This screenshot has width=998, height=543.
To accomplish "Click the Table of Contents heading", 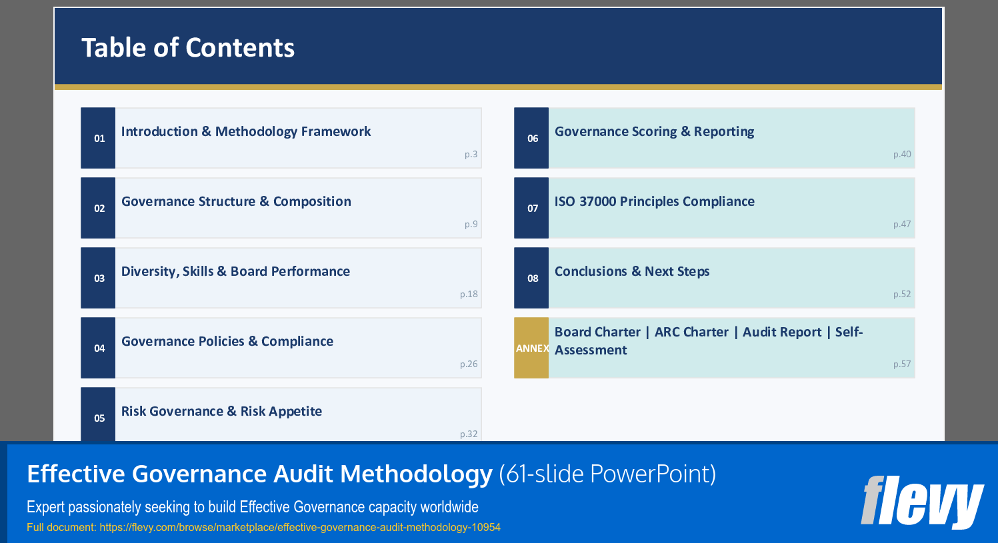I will tap(188, 48).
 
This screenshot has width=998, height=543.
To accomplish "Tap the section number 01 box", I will tap(99, 138).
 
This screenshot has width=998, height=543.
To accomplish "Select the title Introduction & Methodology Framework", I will tap(245, 131).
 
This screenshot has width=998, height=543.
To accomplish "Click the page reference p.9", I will tap(471, 224).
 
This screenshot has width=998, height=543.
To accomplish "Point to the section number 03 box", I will tap(99, 278).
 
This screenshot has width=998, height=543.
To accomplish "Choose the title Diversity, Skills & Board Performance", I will tap(235, 271).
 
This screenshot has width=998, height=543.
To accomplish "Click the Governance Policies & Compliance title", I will tap(227, 341).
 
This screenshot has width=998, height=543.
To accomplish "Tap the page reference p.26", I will tap(469, 364).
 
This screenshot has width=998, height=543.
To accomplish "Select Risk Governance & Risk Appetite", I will tap(221, 411).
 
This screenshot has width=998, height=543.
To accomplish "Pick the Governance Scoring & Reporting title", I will tap(654, 131).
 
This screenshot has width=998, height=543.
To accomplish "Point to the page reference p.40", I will tap(902, 154).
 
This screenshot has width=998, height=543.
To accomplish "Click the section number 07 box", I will tap(532, 208).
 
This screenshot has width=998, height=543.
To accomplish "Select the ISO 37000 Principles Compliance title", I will tap(654, 201).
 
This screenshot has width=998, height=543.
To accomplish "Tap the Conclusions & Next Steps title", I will tap(631, 271).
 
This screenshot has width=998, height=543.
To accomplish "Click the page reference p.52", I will tap(902, 294).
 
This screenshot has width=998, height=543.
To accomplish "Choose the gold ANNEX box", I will tap(531, 348).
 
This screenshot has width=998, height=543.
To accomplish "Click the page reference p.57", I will tap(902, 364).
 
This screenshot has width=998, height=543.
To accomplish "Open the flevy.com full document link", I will tap(300, 527).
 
